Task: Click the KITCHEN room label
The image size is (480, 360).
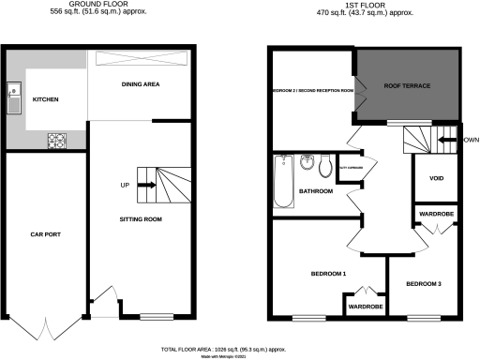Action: coord(46,98)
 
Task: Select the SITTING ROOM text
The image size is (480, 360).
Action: coord(142,217)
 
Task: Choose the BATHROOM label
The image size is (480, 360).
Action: coord(316,191)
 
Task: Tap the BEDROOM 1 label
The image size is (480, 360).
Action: coord(329,273)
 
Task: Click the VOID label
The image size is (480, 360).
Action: coord(436,178)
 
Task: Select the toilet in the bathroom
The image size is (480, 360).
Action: coord(324,166)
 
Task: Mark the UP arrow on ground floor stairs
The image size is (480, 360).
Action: coord(145,185)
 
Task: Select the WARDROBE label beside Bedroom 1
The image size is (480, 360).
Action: coord(363,307)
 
